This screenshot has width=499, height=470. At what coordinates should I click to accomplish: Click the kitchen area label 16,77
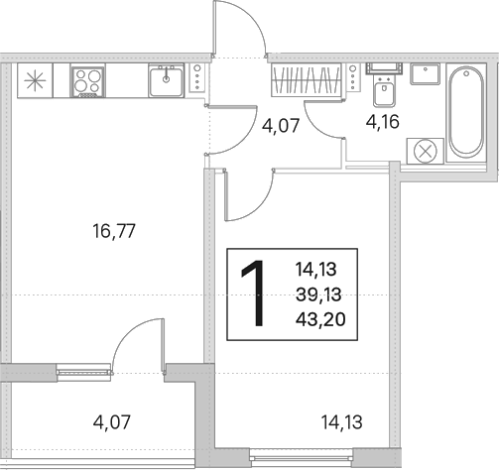tap(114, 231)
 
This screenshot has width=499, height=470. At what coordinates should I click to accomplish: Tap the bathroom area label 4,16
tap(383, 122)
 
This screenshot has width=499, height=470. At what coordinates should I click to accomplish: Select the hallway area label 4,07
tap(281, 125)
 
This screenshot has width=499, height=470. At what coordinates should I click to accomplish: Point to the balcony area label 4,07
tap(112, 422)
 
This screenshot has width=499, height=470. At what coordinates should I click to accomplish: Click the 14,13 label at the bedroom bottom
tap(342, 422)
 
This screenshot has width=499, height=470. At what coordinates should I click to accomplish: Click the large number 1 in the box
tap(254, 294)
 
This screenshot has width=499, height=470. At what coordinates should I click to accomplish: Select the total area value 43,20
tap(320, 319)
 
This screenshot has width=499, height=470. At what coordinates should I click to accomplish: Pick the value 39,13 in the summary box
tap(318, 294)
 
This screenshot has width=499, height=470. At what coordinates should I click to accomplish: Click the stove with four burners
tap(87, 81)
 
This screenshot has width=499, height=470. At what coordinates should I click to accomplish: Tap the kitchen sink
tap(166, 80)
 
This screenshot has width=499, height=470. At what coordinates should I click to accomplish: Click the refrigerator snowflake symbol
tap(35, 81)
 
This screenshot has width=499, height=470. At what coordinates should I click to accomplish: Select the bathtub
tap(466, 112)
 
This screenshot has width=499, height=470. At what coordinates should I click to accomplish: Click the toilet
tap(384, 84)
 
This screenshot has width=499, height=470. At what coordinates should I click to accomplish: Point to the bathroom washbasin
tap(425, 74)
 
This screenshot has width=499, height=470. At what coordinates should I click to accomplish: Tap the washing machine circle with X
tap(426, 152)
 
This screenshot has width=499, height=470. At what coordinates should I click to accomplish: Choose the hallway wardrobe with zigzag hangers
tap(307, 80)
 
